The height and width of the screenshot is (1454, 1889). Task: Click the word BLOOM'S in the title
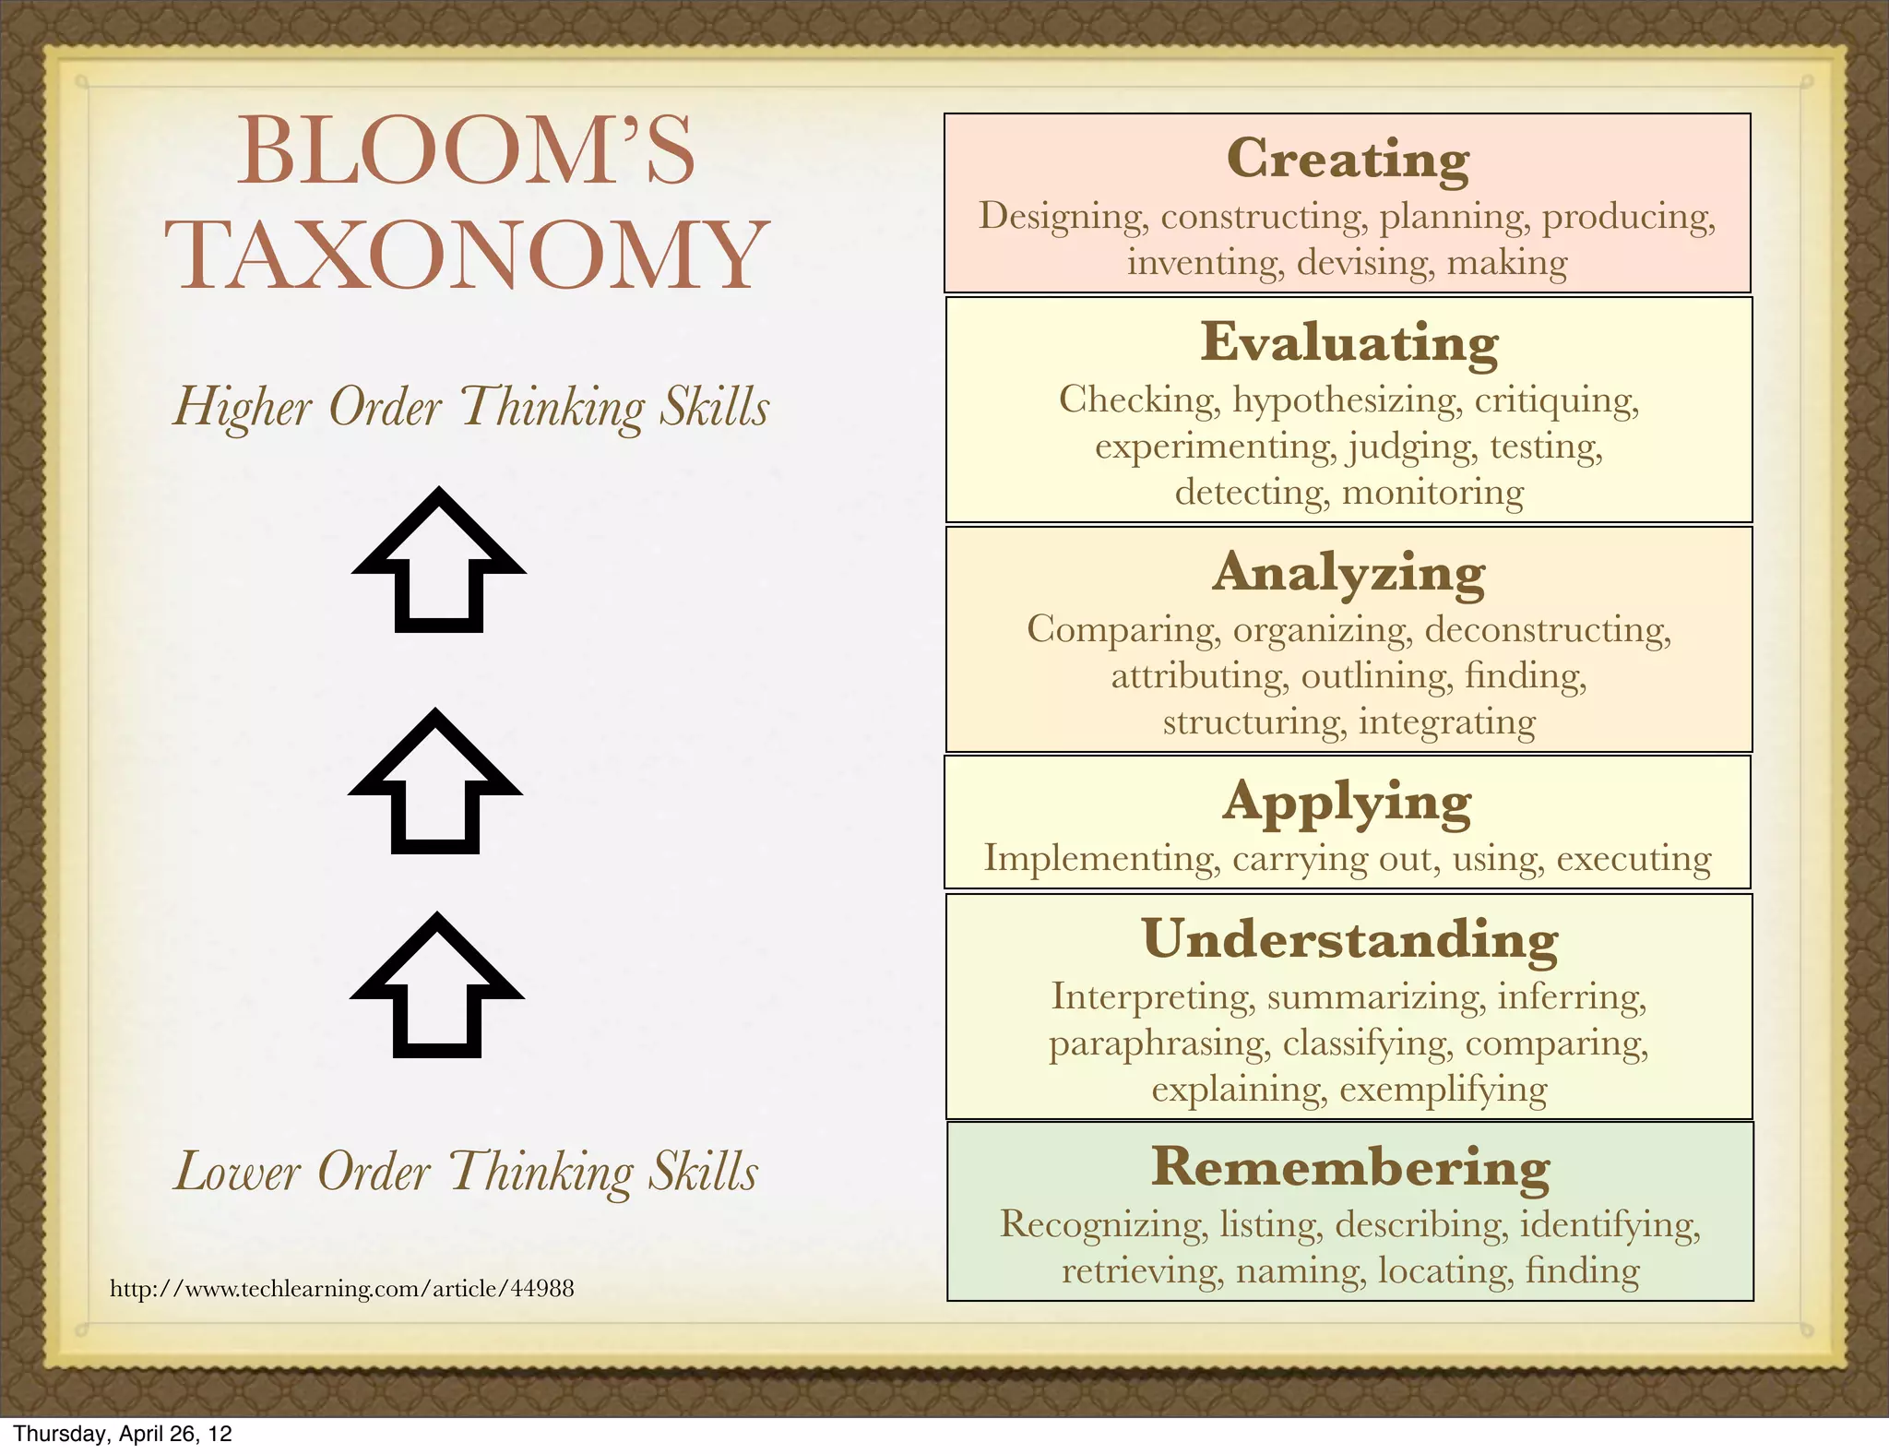(466, 151)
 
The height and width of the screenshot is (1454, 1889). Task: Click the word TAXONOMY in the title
(467, 255)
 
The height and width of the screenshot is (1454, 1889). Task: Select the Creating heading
(1348, 159)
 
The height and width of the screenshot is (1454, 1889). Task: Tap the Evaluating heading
(1349, 342)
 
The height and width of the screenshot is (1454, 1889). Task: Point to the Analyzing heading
(1348, 572)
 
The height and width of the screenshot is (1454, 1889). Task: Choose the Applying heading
(1348, 801)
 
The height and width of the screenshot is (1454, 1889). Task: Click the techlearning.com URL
(342, 1288)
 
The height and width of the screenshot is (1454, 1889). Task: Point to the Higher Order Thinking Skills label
(471, 407)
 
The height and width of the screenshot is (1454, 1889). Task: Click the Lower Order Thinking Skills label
(467, 1172)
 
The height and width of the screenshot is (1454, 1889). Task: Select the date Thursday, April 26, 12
(123, 1434)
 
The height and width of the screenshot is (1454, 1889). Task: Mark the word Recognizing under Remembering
(1103, 1225)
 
